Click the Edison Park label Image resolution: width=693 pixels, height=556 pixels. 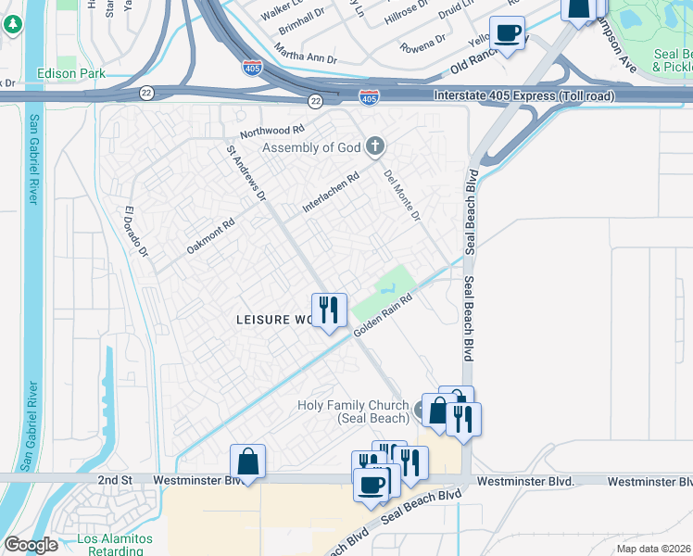click(x=70, y=73)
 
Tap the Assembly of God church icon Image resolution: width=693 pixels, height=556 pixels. click(x=374, y=145)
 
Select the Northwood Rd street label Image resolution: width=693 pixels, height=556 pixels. click(x=271, y=131)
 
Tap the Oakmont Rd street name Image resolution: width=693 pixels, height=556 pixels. click(x=210, y=236)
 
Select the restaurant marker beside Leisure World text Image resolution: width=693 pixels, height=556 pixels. click(x=328, y=310)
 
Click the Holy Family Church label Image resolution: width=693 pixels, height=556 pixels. click(x=353, y=411)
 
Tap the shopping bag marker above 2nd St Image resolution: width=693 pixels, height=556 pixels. click(x=248, y=461)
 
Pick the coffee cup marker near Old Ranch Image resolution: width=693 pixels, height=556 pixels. click(x=507, y=33)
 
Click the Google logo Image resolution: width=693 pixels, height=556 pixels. click(x=31, y=545)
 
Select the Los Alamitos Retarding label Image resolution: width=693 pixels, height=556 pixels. click(x=114, y=544)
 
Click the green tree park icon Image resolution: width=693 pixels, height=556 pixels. click(x=13, y=24)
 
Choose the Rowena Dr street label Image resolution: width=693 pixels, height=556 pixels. click(x=422, y=44)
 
